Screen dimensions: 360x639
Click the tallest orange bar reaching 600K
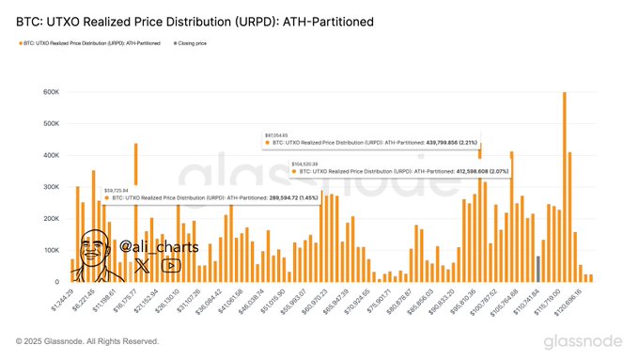[564, 188]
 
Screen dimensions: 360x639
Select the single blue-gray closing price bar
[538, 269]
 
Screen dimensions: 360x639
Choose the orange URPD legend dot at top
[19, 43]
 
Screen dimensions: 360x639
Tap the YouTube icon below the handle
[171, 266]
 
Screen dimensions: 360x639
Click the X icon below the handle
[141, 266]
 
